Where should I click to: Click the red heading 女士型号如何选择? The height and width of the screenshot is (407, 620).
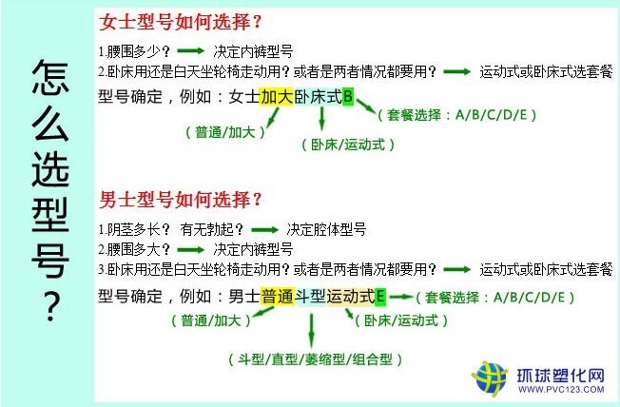[x=181, y=22]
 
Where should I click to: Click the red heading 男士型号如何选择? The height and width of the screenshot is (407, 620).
[x=181, y=200]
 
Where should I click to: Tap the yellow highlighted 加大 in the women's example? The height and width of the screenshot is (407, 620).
[x=277, y=96]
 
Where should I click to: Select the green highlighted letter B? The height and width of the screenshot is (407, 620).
[x=348, y=96]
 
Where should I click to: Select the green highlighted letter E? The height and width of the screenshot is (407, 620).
[x=380, y=297]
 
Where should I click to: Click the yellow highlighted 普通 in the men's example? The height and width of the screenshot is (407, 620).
[x=278, y=297]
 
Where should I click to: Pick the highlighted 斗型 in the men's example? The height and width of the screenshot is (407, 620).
[x=311, y=297]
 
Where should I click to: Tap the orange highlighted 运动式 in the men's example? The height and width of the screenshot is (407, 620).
[x=351, y=297]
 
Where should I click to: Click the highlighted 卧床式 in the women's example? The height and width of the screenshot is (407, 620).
[x=318, y=96]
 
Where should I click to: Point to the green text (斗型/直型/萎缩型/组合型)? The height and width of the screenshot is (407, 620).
[x=315, y=359]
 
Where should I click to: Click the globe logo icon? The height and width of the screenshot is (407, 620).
[x=490, y=378]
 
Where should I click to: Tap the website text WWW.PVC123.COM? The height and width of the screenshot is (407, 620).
[x=561, y=390]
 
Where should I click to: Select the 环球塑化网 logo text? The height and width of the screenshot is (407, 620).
[x=561, y=375]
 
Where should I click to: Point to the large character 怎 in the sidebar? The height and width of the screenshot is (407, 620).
[x=50, y=78]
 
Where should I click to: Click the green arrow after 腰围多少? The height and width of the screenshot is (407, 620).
[x=190, y=50]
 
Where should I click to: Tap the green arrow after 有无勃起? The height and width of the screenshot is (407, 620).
[x=264, y=230]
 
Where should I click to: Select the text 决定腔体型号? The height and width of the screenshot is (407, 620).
[x=326, y=229]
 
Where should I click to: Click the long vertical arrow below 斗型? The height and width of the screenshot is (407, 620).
[x=312, y=331]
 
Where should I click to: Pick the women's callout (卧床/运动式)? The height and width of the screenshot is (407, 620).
[x=348, y=145]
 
